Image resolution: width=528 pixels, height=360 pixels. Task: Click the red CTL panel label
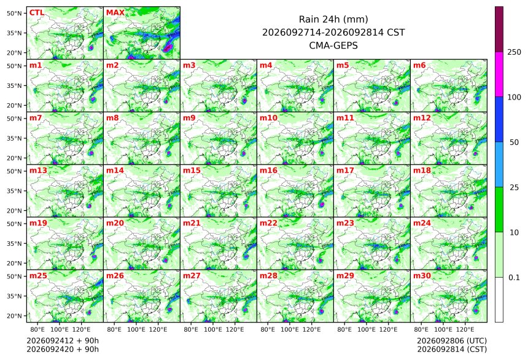[x=37, y=13]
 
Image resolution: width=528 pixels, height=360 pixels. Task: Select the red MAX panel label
[x=115, y=13]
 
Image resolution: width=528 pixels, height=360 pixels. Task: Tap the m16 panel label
[x=268, y=171]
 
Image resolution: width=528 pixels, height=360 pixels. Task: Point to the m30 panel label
[x=422, y=276]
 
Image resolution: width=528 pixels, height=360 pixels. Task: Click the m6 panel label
[x=419, y=65]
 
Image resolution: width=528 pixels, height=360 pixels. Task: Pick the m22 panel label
[x=268, y=223]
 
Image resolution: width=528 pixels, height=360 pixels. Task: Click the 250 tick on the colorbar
[x=514, y=52]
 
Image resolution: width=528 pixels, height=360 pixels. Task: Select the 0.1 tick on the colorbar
[x=514, y=278]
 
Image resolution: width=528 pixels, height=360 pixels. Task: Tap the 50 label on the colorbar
[x=514, y=143]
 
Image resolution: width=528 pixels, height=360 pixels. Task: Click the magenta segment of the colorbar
[x=499, y=74]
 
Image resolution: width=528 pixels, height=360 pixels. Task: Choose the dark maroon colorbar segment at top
[x=499, y=29]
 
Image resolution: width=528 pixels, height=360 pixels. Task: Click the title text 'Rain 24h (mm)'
[x=333, y=20]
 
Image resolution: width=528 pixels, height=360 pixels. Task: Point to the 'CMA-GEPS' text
[x=333, y=45]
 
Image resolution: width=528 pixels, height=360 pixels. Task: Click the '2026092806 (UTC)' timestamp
[x=452, y=341]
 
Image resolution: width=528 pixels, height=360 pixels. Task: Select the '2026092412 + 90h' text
[x=63, y=341]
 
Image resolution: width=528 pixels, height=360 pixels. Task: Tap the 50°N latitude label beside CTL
[x=14, y=13]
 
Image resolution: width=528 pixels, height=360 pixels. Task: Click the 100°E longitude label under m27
[x=213, y=329]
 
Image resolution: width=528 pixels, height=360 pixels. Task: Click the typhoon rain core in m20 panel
[x=165, y=260]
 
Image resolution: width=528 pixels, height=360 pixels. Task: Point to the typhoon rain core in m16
[x=322, y=205]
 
